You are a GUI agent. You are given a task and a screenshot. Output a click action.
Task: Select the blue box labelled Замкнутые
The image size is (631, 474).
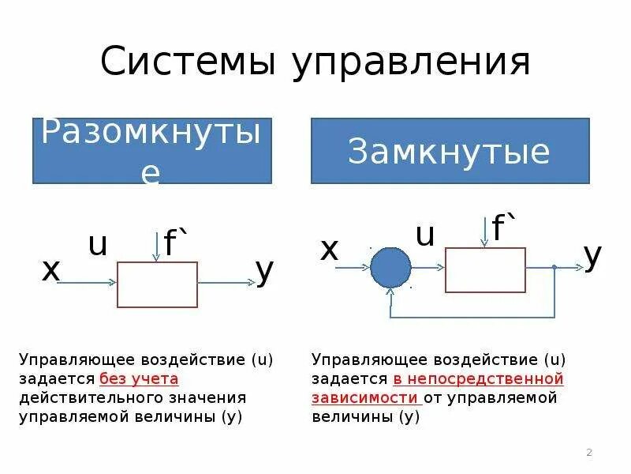[450, 151]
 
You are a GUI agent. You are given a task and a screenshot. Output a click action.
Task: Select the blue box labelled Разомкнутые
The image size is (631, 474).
[151, 151]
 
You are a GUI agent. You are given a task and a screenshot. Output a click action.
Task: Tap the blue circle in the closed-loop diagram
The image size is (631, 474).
[391, 268]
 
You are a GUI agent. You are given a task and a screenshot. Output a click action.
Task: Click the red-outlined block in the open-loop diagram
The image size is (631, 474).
[157, 284]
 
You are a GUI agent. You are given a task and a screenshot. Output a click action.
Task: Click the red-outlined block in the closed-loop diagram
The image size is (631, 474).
[485, 269]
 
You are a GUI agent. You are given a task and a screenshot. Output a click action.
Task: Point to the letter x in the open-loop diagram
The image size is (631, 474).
[51, 271]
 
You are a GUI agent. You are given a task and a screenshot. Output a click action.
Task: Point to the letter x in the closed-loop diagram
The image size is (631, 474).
[329, 250]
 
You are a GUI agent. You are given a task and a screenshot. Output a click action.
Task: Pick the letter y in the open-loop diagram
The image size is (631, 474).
[265, 271]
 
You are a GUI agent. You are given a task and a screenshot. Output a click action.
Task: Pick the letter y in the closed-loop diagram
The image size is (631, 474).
[592, 254]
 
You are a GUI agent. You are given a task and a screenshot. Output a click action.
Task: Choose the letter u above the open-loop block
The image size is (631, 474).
[98, 246]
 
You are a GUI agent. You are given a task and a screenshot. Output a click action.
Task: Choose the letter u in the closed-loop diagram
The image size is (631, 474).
[425, 235]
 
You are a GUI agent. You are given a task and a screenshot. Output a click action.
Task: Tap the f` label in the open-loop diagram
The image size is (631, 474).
[174, 244]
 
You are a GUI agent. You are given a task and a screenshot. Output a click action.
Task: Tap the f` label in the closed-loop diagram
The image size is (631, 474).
[502, 229]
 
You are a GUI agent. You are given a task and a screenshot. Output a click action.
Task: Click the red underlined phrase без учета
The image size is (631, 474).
[139, 378]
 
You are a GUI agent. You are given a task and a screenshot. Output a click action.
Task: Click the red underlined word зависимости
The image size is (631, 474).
[364, 397]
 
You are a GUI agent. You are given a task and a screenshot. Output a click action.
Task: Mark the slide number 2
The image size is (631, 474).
[589, 453]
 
